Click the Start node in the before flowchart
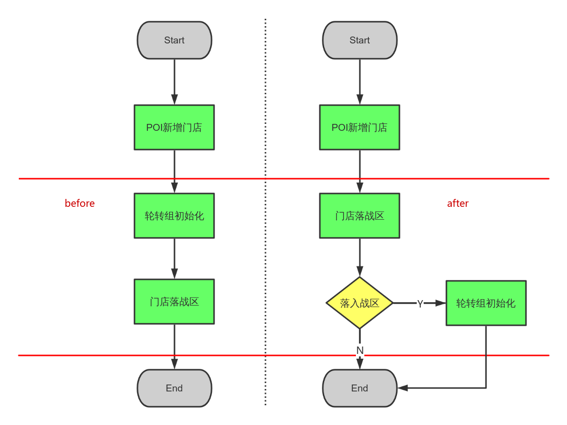pyautogui.click(x=174, y=40)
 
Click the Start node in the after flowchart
pyautogui.click(x=360, y=40)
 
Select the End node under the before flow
pyautogui.click(x=174, y=388)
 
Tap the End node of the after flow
pyautogui.click(x=360, y=388)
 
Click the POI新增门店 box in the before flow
pyautogui.click(x=174, y=127)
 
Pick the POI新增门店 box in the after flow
pyautogui.click(x=360, y=127)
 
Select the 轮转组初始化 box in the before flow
pyautogui.click(x=174, y=216)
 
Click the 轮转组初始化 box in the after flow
pyautogui.click(x=486, y=303)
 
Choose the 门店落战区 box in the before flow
pyautogui.click(x=174, y=302)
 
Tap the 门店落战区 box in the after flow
pyautogui.click(x=360, y=216)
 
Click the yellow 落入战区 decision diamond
pyautogui.click(x=360, y=303)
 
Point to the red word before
pyautogui.click(x=80, y=203)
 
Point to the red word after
pyautogui.click(x=458, y=203)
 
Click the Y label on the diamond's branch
pyautogui.click(x=420, y=304)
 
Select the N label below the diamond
pyautogui.click(x=360, y=350)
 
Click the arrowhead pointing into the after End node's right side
pyautogui.click(x=403, y=388)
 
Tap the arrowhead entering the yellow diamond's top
pyautogui.click(x=360, y=271)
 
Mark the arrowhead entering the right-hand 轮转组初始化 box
pyautogui.click(x=440, y=303)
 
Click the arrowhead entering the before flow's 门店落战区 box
pyautogui.click(x=174, y=273)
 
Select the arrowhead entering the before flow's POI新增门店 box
pyautogui.click(x=174, y=100)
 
